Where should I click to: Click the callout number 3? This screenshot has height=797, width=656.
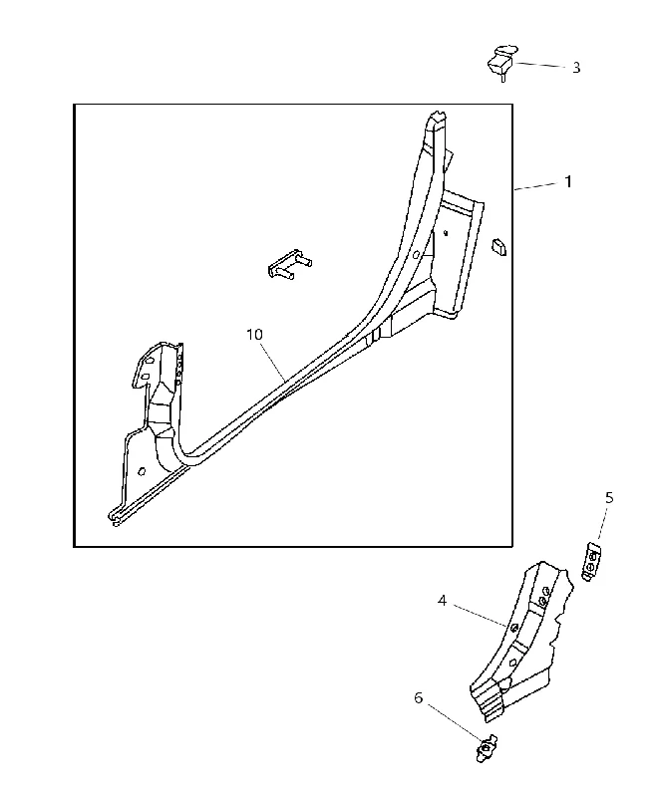[575, 68]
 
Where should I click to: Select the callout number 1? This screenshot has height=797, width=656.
[568, 181]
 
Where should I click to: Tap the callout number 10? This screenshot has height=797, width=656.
[255, 335]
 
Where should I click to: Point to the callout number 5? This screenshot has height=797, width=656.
[609, 497]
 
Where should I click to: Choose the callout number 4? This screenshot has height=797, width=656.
[442, 601]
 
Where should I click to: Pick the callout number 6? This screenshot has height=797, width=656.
[418, 698]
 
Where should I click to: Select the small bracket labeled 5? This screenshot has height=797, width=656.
[591, 561]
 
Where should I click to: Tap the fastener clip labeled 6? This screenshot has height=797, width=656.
[487, 749]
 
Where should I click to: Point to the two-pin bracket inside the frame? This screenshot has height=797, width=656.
[289, 264]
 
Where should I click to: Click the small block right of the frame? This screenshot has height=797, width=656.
[498, 247]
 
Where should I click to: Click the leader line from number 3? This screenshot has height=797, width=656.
[540, 65]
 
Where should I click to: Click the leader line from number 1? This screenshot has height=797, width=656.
[536, 186]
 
